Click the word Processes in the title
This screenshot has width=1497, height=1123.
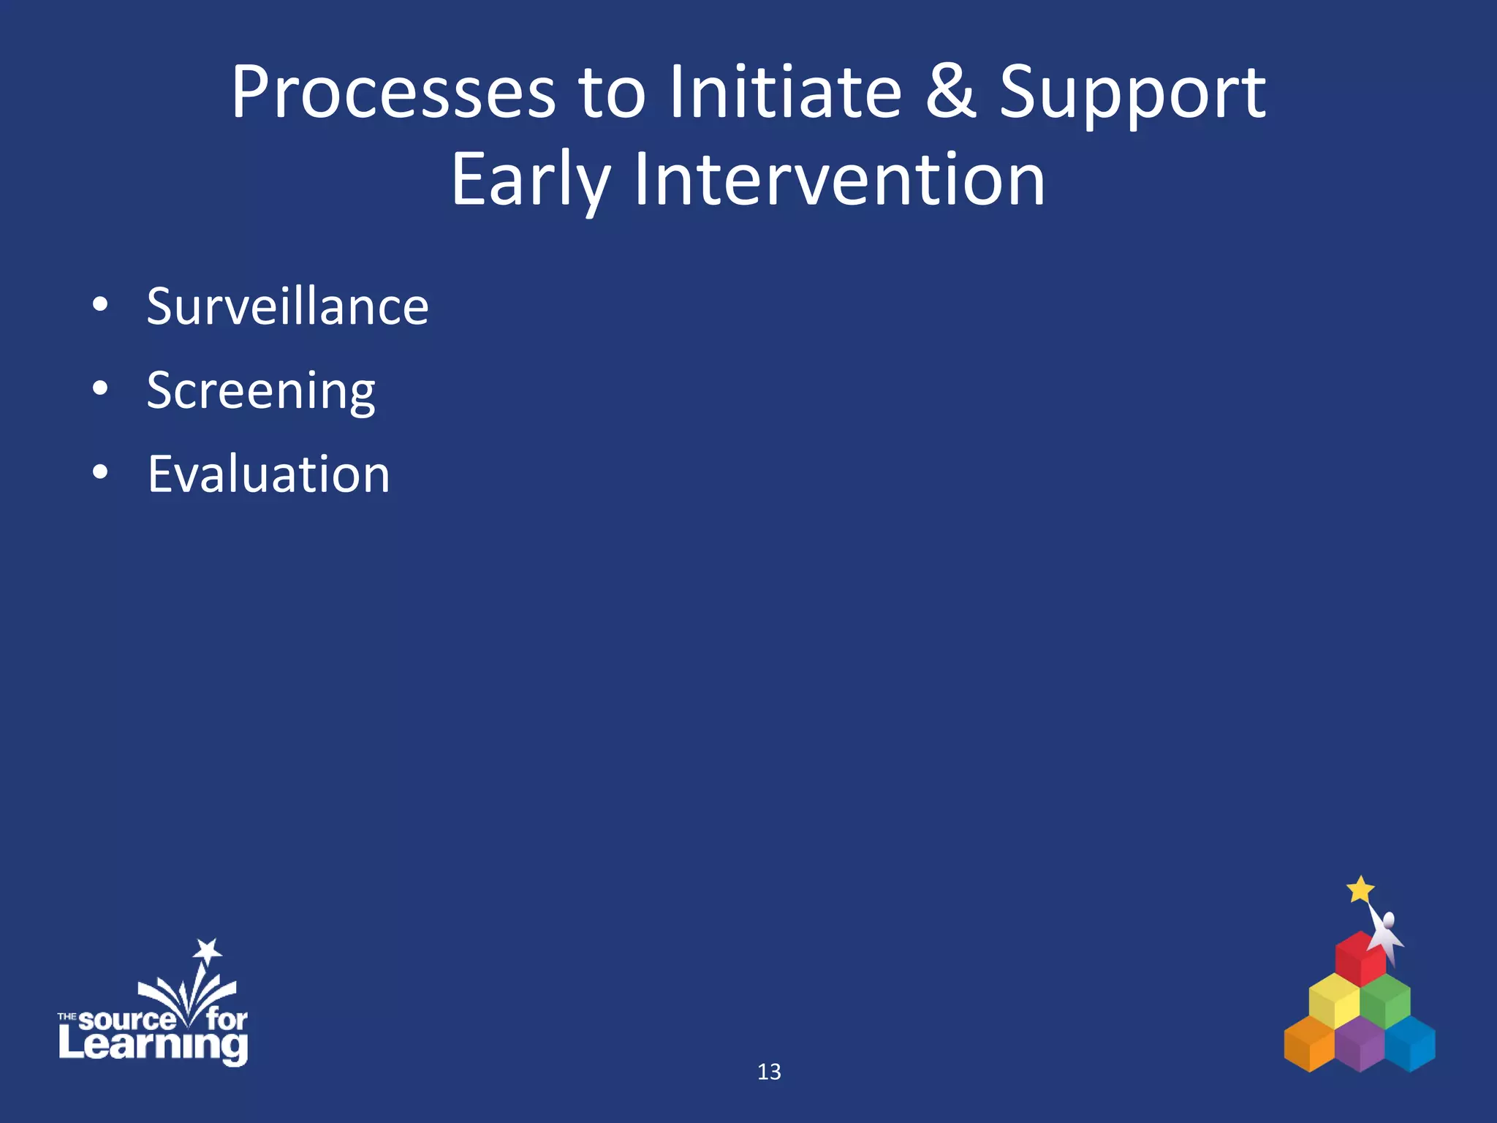click(393, 94)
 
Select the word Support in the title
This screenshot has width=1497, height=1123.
click(1132, 94)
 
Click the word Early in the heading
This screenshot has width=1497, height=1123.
click(530, 180)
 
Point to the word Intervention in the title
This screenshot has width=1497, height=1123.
click(839, 180)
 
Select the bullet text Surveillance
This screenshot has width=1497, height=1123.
click(287, 306)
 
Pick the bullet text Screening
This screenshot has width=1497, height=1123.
click(261, 392)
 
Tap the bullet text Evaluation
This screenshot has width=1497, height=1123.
click(269, 474)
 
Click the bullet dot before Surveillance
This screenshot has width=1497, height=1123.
click(100, 305)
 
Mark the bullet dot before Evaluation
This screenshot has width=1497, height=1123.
click(100, 473)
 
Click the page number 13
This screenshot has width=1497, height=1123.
click(769, 1072)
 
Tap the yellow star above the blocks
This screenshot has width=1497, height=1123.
click(1360, 890)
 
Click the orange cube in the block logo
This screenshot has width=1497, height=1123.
click(1308, 1044)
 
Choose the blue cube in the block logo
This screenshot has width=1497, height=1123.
click(1411, 1044)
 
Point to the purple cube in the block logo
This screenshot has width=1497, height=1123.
click(1360, 1046)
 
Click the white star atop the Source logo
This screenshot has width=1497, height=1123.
click(208, 950)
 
